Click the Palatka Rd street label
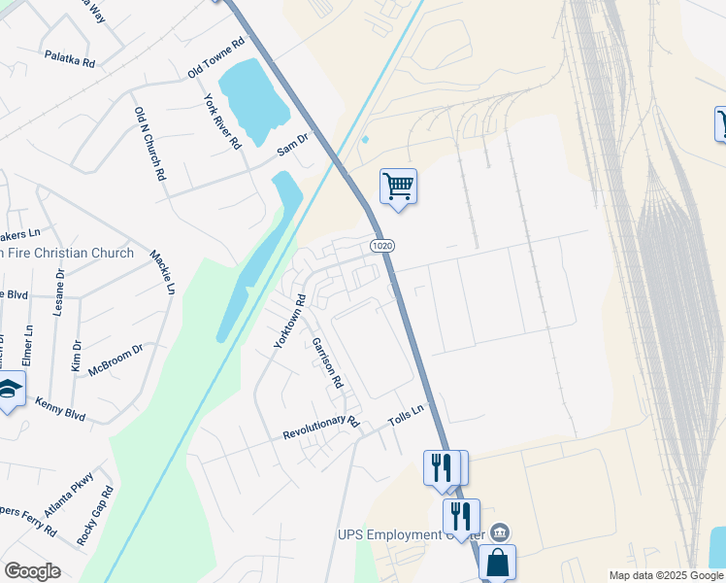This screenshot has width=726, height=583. click(x=69, y=59)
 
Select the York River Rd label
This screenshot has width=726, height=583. click(x=222, y=120)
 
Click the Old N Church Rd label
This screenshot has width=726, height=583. click(x=149, y=144)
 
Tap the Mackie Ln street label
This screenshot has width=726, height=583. click(x=162, y=272)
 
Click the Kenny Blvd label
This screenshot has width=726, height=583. click(x=60, y=409)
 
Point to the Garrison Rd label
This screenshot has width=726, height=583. click(x=327, y=362)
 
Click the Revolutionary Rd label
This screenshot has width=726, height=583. click(x=320, y=429)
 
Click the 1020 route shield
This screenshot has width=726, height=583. click(x=382, y=246)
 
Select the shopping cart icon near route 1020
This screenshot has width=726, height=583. click(x=398, y=184)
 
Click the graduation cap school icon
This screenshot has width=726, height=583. click(x=10, y=390)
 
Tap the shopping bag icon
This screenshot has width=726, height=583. click(x=497, y=562)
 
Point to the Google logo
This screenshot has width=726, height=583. click(x=32, y=571)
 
